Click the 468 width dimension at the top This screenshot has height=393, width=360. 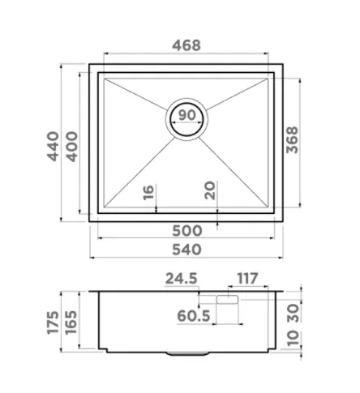coord(186,45)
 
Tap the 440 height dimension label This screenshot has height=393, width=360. coord(54,146)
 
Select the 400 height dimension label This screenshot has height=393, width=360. coord(72,147)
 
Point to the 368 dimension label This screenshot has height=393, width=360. coord(292,140)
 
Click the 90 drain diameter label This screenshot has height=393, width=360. coord(186,115)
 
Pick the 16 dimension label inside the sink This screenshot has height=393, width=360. coord(148,192)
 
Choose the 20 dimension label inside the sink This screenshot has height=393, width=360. coord(210,190)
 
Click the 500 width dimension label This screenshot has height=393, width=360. coord(187,231)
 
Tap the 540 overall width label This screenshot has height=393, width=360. coord(186,250)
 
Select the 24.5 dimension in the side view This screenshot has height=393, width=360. coord(181,279)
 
